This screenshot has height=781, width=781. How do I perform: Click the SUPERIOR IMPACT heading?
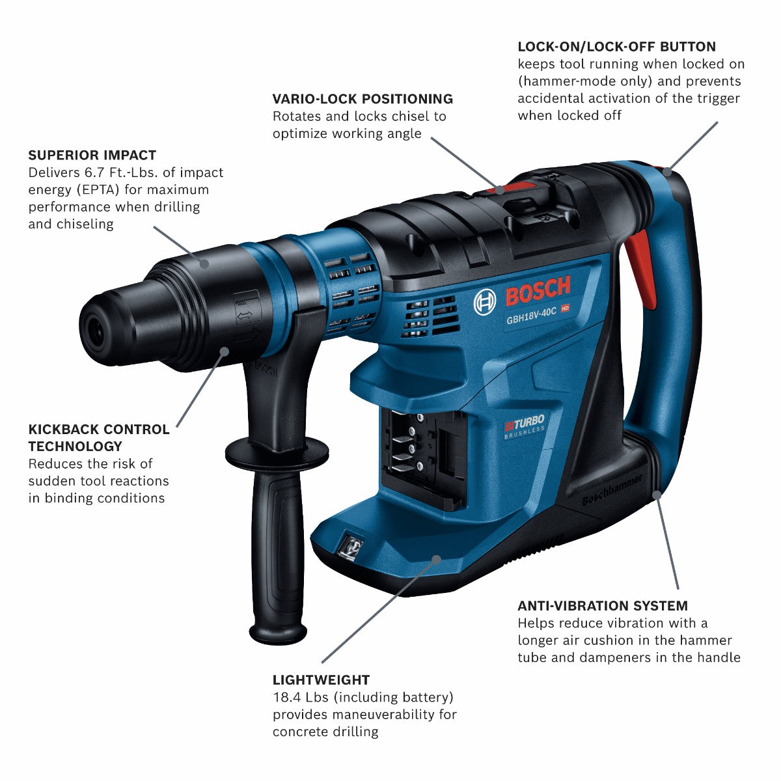click(x=92, y=155)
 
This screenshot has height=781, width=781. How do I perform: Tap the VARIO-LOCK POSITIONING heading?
click(x=363, y=99)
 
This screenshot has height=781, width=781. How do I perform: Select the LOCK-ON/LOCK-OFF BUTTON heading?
click(x=616, y=47)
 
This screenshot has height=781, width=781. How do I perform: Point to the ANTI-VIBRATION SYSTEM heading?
click(x=602, y=606)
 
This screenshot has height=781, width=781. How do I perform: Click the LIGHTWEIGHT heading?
click(x=321, y=680)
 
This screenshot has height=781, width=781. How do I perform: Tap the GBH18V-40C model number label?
click(x=532, y=311)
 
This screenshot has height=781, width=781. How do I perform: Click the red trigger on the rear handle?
click(x=641, y=267)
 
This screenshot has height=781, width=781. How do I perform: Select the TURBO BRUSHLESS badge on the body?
click(x=524, y=428)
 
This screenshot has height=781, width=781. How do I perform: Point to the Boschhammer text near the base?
click(x=611, y=489)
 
